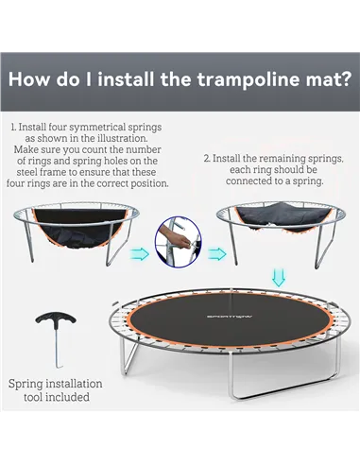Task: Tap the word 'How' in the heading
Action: pos(35,77)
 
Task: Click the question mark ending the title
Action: pos(344,77)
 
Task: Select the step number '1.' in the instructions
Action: pos(14,125)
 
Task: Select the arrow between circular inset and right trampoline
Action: pos(217,253)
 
